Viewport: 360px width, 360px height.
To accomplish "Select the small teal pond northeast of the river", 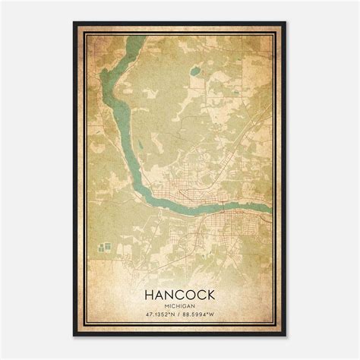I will tap(195, 71).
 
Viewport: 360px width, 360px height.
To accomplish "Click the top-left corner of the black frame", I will tap(74, 24).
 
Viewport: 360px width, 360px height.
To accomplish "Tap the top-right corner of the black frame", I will tap(286, 24).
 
